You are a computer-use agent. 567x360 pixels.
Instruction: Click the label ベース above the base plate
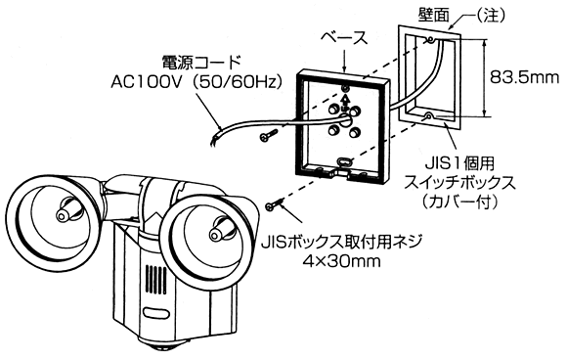click(344, 38)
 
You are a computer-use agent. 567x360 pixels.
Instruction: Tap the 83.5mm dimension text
click(524, 77)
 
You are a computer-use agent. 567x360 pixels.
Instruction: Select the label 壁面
click(434, 15)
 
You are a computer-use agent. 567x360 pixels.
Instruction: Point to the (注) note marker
click(489, 16)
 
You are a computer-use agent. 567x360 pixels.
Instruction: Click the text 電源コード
click(201, 62)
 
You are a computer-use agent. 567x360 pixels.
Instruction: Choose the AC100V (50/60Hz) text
click(196, 82)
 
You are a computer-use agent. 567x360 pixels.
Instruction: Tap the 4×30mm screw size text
click(342, 260)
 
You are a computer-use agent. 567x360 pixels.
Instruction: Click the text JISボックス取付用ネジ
click(342, 241)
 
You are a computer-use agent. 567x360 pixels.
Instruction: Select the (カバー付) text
click(460, 202)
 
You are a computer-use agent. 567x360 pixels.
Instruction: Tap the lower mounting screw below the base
click(274, 205)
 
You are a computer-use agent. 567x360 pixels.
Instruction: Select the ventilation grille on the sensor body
click(155, 278)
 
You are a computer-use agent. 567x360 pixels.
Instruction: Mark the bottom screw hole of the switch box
click(428, 116)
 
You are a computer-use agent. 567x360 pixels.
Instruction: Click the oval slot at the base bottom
click(343, 160)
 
